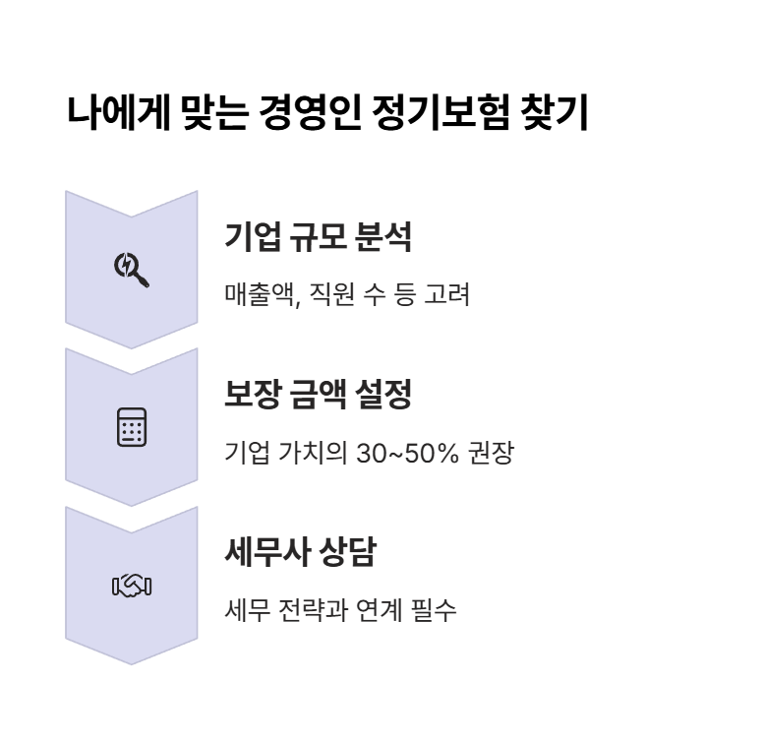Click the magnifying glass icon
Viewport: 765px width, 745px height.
click(x=132, y=269)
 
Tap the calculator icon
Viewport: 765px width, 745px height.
click(x=132, y=427)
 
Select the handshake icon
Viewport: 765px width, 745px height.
click(x=132, y=587)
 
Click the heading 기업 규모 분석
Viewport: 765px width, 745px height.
click(x=318, y=237)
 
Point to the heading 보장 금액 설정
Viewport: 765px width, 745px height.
click(x=318, y=396)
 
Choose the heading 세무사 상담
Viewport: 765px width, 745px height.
click(x=300, y=554)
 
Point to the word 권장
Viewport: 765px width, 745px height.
click(x=491, y=453)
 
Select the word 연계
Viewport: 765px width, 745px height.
click(x=378, y=611)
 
